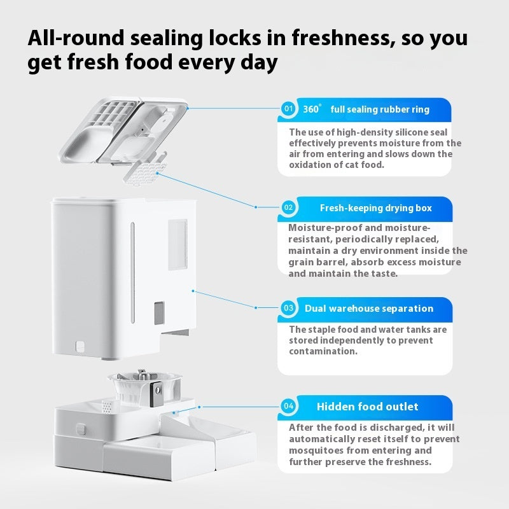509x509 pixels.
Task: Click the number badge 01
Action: click(288, 109)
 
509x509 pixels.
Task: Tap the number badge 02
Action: click(288, 207)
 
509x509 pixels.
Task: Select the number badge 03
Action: click(288, 308)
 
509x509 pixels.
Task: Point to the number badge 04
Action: click(288, 406)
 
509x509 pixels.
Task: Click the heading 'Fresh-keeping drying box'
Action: click(375, 208)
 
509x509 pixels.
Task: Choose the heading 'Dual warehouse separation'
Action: click(368, 309)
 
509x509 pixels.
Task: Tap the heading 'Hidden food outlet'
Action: click(368, 407)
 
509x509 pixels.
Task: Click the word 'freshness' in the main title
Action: click(338, 38)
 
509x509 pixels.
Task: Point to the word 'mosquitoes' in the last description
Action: click(316, 450)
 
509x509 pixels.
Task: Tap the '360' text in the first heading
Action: click(311, 109)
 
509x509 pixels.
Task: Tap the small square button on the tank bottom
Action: click(80, 347)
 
